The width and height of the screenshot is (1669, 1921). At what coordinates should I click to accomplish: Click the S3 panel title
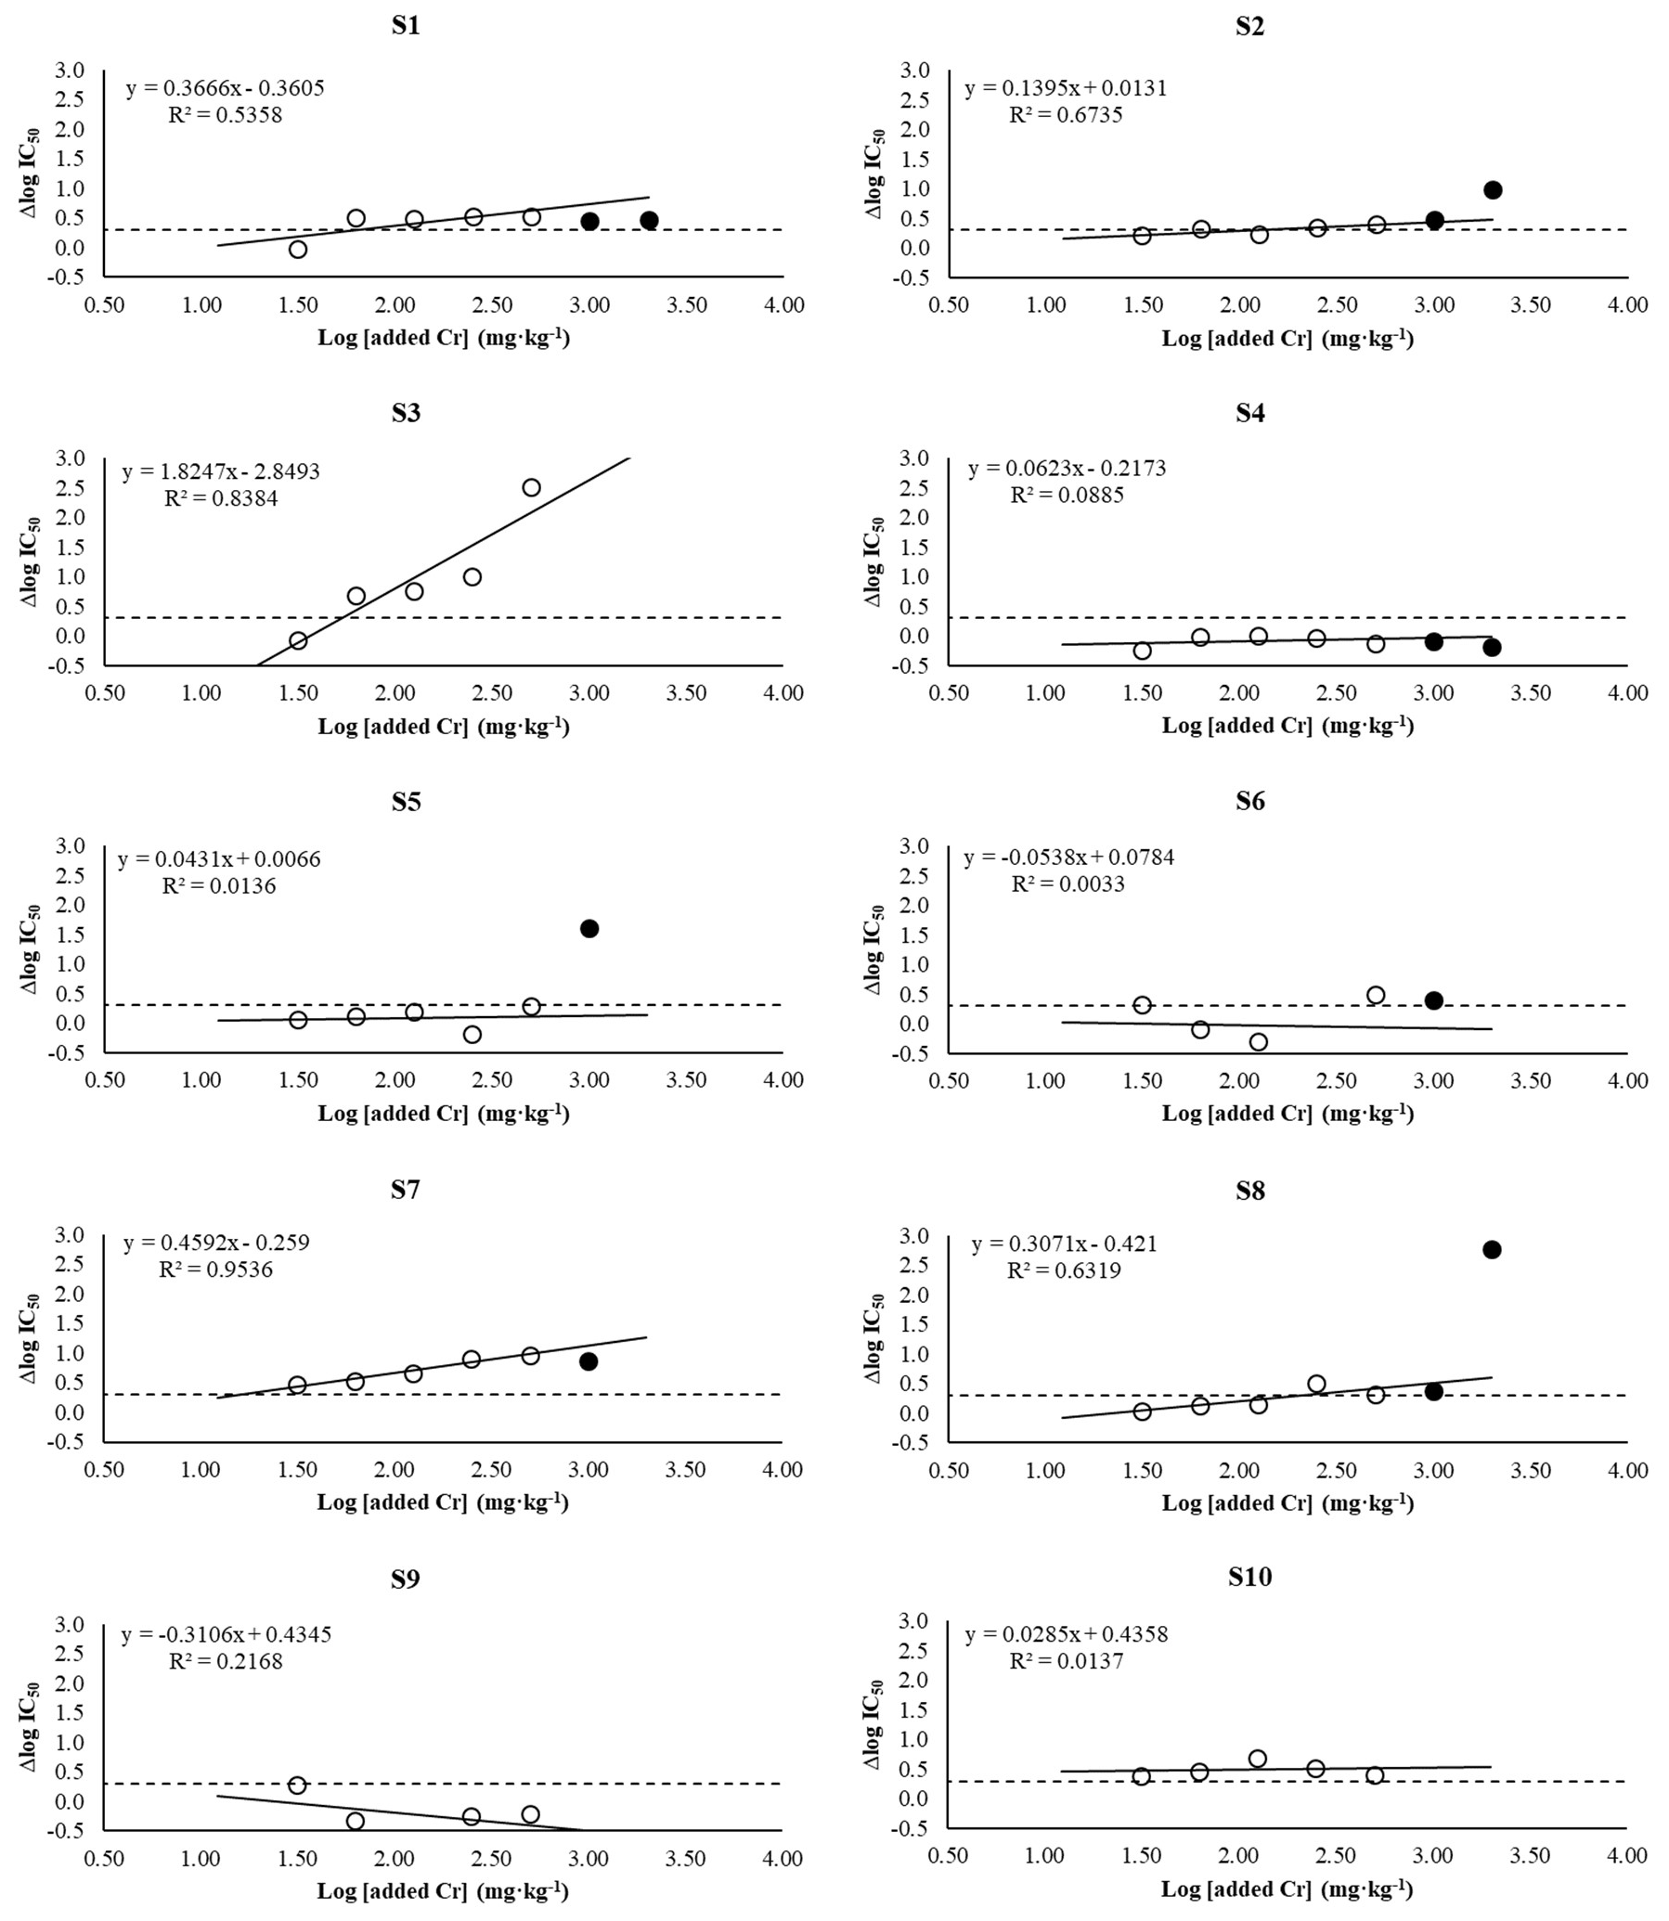point(405,413)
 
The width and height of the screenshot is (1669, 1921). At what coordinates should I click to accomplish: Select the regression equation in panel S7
point(216,1243)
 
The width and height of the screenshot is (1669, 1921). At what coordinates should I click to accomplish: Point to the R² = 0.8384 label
point(221,498)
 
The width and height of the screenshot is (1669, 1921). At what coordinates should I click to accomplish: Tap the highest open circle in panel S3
point(531,487)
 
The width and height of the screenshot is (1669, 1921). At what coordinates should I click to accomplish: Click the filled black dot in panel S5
point(589,928)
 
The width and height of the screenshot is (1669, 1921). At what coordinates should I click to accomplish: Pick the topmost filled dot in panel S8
point(1491,1250)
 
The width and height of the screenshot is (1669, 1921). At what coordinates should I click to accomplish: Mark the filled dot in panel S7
point(588,1360)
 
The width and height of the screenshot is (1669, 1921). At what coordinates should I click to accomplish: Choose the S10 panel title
point(1249,1577)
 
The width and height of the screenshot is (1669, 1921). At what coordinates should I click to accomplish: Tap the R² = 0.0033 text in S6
point(1067,883)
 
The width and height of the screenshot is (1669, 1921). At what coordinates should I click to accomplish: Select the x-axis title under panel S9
point(443,1890)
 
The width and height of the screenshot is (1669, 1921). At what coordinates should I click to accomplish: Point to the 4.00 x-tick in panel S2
point(1627,304)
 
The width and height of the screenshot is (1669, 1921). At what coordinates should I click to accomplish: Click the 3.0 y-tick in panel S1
point(70,70)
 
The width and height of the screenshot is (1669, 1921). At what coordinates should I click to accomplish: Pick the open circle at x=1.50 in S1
point(298,249)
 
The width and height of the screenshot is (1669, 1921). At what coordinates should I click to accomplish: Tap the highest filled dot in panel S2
point(1492,190)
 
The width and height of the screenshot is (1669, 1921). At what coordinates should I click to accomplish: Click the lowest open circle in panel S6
point(1259,1042)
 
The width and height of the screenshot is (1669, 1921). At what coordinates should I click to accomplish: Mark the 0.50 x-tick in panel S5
point(104,1080)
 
